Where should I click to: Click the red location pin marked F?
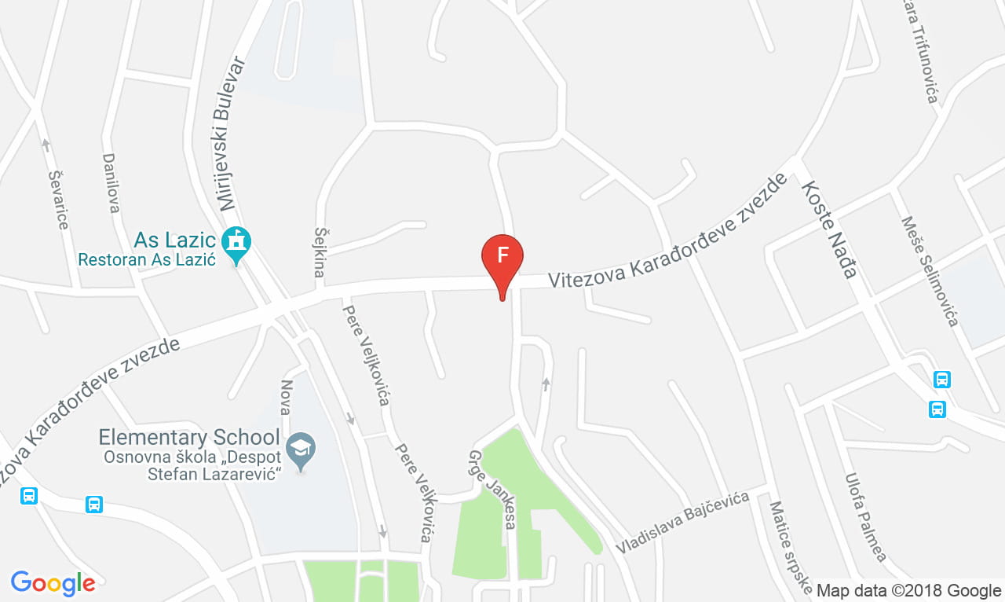pos(502,259)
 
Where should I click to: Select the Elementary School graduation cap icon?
pos(301,448)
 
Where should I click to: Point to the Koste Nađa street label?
pos(828,229)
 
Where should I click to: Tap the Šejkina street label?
pos(320,252)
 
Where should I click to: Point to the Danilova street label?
pos(111,182)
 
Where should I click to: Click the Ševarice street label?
pos(59,200)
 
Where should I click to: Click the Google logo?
pos(53,583)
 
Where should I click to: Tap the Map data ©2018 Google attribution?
pos(908,590)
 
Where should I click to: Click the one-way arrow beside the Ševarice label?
pos(46,145)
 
